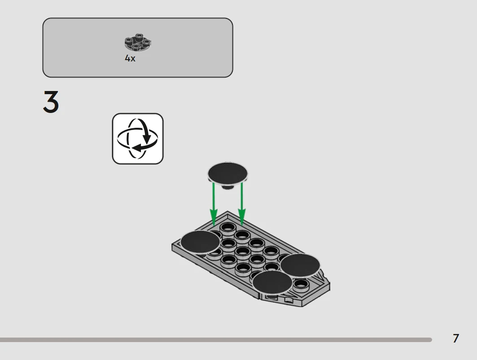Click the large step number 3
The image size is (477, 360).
[x=51, y=102]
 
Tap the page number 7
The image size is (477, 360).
[x=456, y=338]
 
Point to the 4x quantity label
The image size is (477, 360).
[x=130, y=58]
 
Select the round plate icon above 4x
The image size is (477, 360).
[x=138, y=42]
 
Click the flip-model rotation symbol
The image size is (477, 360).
[x=138, y=139]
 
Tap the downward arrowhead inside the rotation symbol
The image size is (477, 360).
[x=147, y=139]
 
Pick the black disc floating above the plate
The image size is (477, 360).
[x=228, y=173]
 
